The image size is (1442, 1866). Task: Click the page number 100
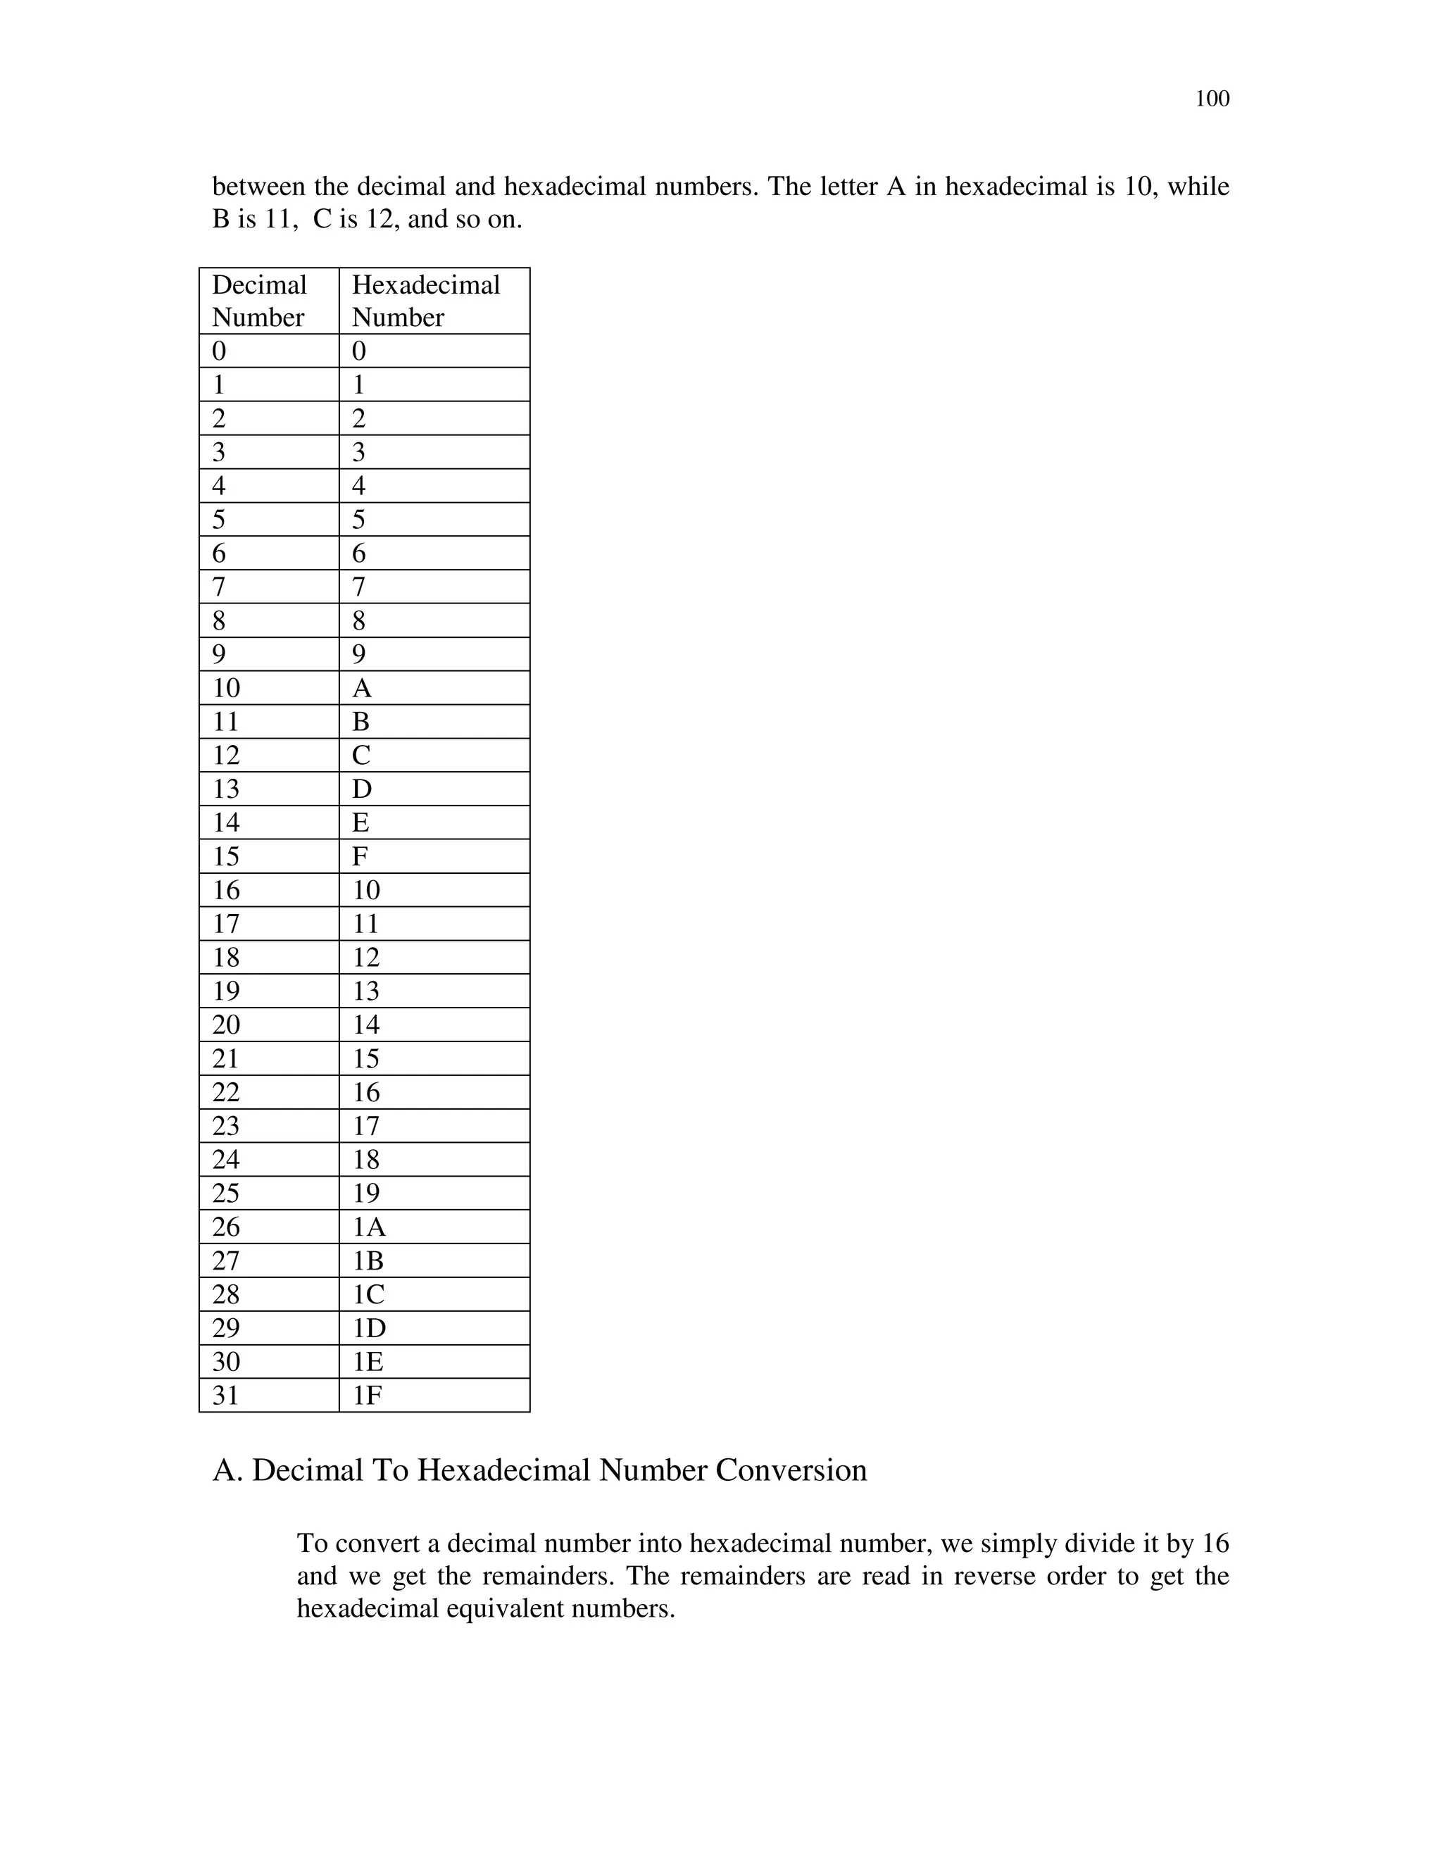[x=1211, y=99]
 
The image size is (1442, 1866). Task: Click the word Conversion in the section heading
[x=791, y=1470]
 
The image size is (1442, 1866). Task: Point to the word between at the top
[x=258, y=187]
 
